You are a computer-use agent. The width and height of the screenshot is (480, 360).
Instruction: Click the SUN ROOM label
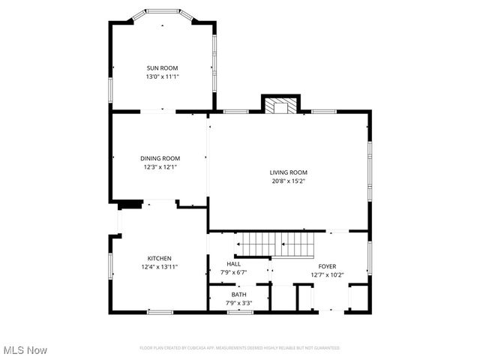click(162, 68)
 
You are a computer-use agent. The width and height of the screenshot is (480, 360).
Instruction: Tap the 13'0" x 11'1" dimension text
click(162, 76)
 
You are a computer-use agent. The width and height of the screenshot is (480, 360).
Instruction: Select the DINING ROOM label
click(160, 158)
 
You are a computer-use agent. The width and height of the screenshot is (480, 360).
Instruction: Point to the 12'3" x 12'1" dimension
click(160, 166)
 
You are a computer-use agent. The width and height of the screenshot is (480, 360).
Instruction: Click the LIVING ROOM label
click(289, 172)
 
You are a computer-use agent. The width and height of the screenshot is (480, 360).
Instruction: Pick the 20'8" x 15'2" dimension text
click(289, 181)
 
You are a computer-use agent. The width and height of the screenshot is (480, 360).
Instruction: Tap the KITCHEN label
click(159, 258)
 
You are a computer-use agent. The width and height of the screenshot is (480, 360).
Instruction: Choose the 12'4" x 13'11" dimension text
click(159, 266)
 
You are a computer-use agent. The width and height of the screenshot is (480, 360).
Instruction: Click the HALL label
click(233, 264)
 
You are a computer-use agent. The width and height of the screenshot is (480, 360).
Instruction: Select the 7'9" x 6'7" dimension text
click(233, 272)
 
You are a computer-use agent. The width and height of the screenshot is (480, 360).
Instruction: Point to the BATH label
click(238, 295)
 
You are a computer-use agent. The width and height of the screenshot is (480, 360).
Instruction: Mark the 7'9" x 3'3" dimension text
click(238, 303)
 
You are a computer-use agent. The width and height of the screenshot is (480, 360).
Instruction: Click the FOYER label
click(327, 266)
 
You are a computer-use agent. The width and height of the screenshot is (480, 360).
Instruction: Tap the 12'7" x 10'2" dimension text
click(327, 274)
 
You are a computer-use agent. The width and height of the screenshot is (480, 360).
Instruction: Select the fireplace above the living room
click(280, 105)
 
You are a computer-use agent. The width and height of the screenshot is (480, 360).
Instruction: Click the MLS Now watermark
click(25, 350)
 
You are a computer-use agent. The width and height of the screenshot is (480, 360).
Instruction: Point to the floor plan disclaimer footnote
click(240, 348)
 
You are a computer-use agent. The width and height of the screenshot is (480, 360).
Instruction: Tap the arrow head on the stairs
click(240, 244)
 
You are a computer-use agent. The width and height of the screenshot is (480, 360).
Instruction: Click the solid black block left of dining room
click(129, 202)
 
